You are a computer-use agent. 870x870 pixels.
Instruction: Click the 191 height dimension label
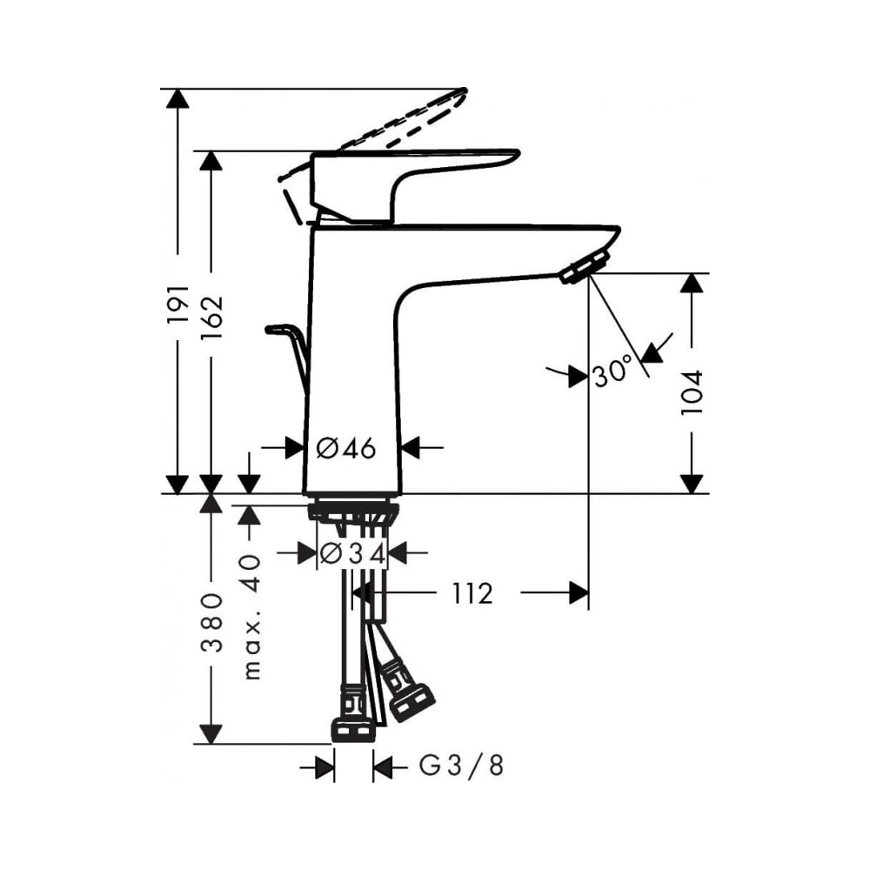177,305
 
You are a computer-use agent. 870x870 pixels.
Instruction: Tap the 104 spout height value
692,392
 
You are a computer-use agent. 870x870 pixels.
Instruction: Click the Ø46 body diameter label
346,448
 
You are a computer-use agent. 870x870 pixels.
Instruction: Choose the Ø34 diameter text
353,553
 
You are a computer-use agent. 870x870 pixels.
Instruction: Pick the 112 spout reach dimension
472,593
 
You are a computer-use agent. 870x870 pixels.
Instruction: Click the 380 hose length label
211,623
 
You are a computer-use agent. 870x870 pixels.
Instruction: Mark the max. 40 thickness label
251,617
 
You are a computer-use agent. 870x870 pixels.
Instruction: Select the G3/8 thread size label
461,766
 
